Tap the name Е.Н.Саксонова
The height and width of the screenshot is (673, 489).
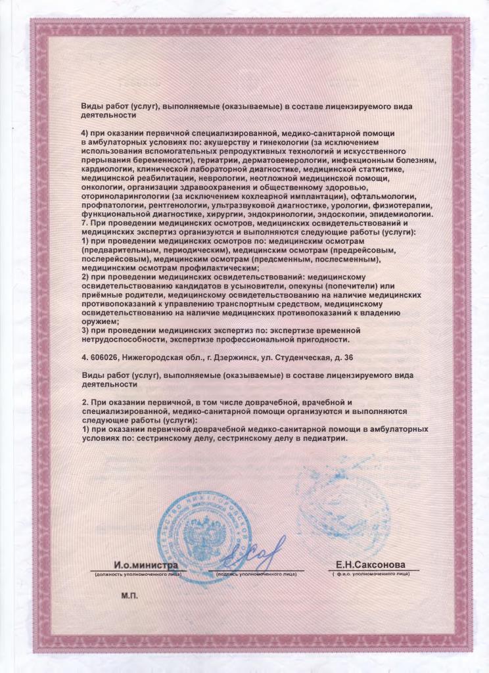pos(370,565)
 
